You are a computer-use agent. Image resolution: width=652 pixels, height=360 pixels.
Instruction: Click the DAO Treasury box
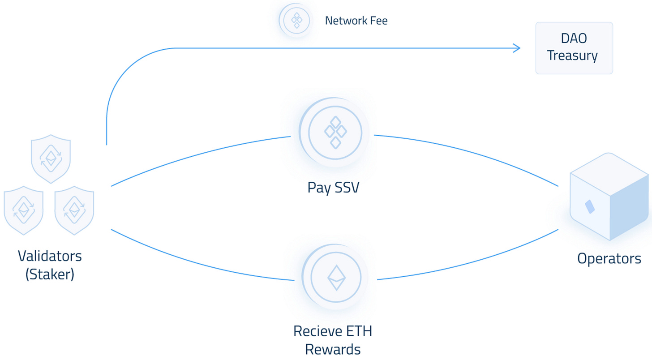[x=574, y=48]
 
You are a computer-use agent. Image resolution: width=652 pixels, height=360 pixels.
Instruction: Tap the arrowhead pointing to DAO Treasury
[x=517, y=48]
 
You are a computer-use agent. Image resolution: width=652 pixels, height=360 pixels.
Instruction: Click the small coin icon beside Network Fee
[x=296, y=20]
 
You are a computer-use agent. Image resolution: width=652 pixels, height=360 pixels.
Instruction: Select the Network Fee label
[x=356, y=21]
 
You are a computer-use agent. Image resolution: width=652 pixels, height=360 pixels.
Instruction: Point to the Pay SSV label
[x=333, y=188]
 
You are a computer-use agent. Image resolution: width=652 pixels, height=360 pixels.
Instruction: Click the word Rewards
[x=333, y=349]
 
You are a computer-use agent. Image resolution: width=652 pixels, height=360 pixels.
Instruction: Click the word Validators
[x=50, y=256]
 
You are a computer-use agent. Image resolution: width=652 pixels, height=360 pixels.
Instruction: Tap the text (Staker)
[x=50, y=274]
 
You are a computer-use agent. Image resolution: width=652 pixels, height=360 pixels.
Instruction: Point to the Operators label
[x=609, y=258]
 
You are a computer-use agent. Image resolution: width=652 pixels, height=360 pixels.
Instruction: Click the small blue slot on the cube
[x=590, y=207]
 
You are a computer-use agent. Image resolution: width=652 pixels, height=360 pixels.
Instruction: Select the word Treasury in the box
[x=574, y=56]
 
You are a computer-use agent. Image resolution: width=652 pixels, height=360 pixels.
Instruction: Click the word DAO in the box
[x=574, y=39]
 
